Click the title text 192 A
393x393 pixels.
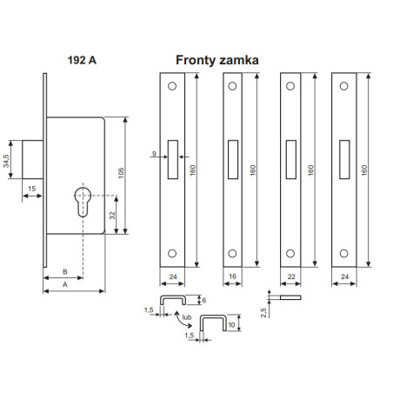[x=82, y=60]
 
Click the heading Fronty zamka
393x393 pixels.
[x=217, y=60]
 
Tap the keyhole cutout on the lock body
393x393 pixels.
[x=83, y=202]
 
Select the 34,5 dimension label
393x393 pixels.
[x=6, y=161]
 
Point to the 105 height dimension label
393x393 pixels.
[x=121, y=173]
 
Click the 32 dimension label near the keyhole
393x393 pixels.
[x=112, y=216]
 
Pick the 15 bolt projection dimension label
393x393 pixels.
[x=32, y=189]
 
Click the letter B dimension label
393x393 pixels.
[x=65, y=272]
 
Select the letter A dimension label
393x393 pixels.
[x=65, y=284]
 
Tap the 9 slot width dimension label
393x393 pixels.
[x=154, y=154]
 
